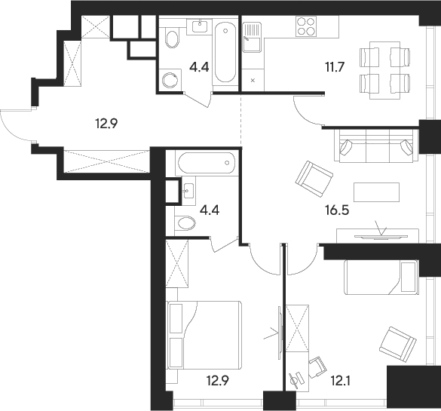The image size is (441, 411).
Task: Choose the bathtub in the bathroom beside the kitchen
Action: tap(225, 54)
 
